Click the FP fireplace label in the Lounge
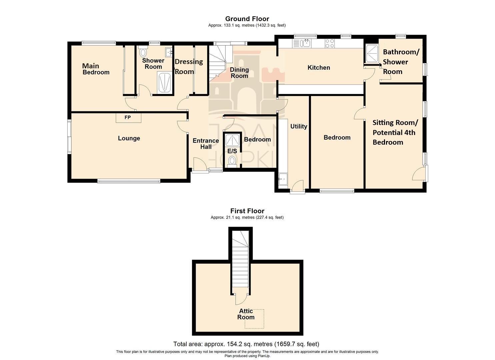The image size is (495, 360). click(128, 118)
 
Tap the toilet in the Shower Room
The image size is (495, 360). click(143, 53)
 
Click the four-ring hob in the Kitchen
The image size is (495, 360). click(330, 43)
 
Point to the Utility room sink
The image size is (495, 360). click(283, 179)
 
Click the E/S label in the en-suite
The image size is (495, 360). click(232, 151)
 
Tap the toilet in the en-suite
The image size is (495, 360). click(232, 161)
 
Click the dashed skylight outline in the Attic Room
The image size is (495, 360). click(254, 319)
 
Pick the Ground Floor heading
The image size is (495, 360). click(247, 19)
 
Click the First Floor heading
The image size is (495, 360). click(247, 211)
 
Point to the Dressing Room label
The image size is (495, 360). click(188, 66)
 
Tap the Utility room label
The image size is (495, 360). click(299, 126)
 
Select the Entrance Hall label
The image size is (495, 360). click(206, 143)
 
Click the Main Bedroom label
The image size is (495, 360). click(95, 69)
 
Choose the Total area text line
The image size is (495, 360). click(246, 344)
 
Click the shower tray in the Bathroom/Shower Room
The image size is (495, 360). click(372, 53)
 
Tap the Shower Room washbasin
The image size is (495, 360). click(168, 51)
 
